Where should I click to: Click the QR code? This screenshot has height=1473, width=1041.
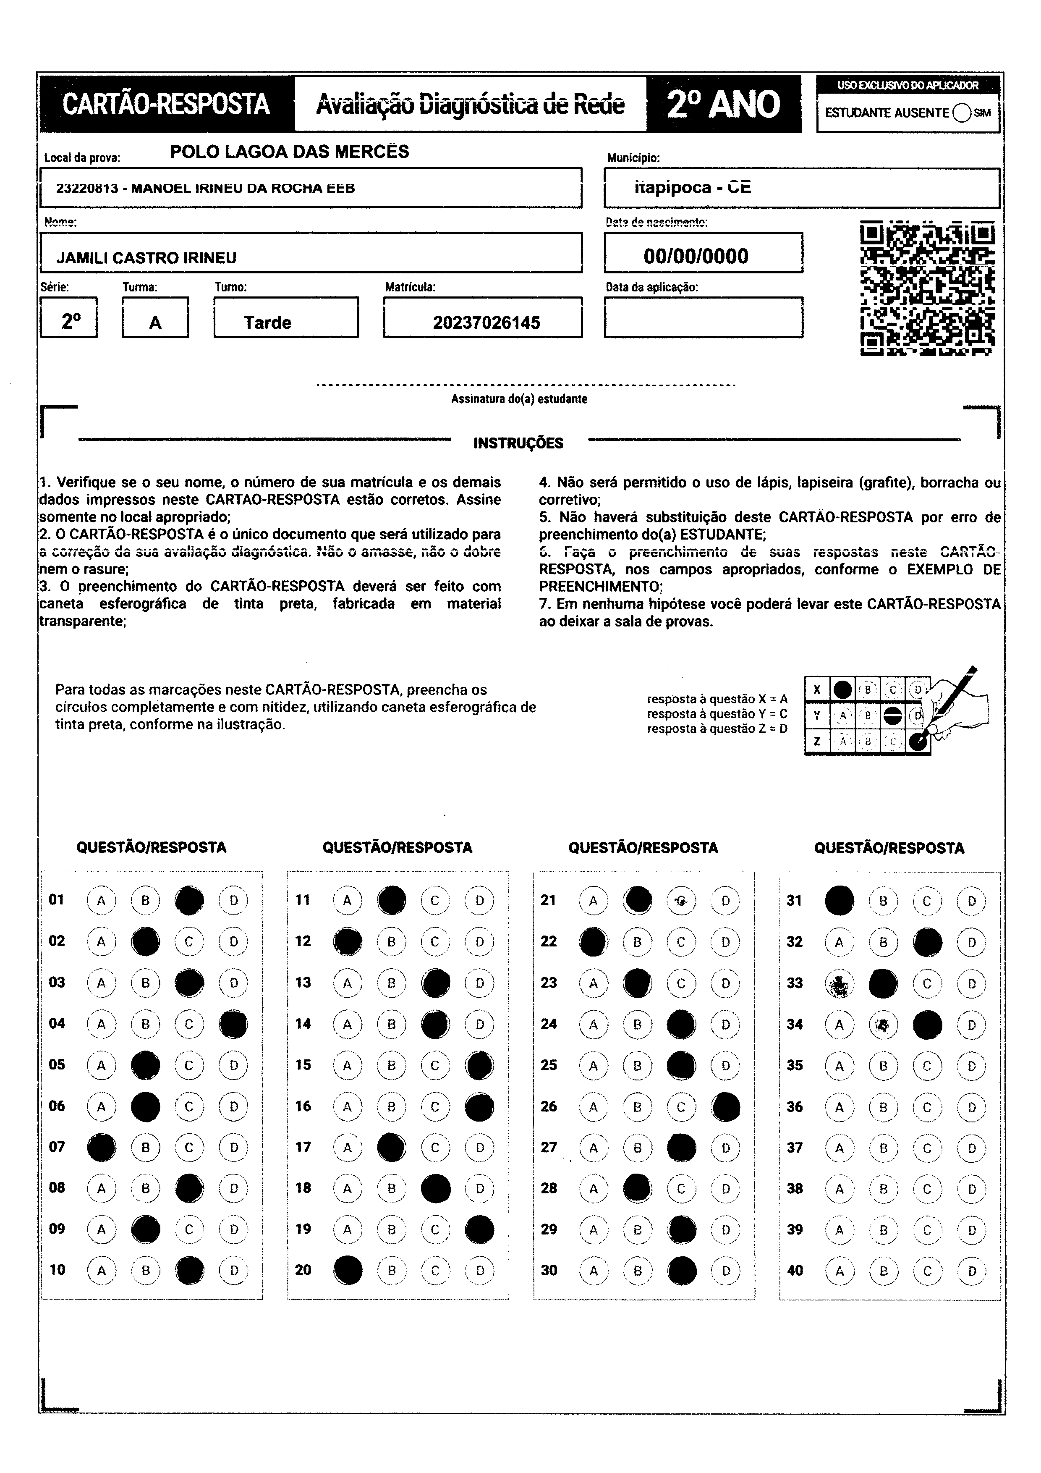coord(927,289)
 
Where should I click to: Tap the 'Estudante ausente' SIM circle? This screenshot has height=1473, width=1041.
coord(962,113)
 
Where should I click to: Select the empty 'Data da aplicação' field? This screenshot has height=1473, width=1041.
coord(703,317)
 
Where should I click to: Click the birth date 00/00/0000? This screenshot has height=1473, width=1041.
coord(696,256)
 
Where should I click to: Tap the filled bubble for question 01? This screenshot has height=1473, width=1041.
coord(189,900)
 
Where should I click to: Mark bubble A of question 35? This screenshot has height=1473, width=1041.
coord(839,1066)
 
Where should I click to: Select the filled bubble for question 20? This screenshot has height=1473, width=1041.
coord(348,1270)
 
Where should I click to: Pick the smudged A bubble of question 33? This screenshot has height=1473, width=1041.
coord(839,983)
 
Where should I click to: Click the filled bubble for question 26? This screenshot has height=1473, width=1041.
coord(725,1107)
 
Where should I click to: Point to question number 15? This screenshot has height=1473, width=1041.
coord(303,1065)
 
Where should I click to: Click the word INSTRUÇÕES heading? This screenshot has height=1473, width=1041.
coord(518,443)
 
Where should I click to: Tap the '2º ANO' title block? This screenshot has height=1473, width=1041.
coord(724,105)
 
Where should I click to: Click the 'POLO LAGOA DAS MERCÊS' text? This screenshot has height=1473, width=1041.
coord(289,152)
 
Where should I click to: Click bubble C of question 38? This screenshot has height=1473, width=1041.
coord(927,1189)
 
